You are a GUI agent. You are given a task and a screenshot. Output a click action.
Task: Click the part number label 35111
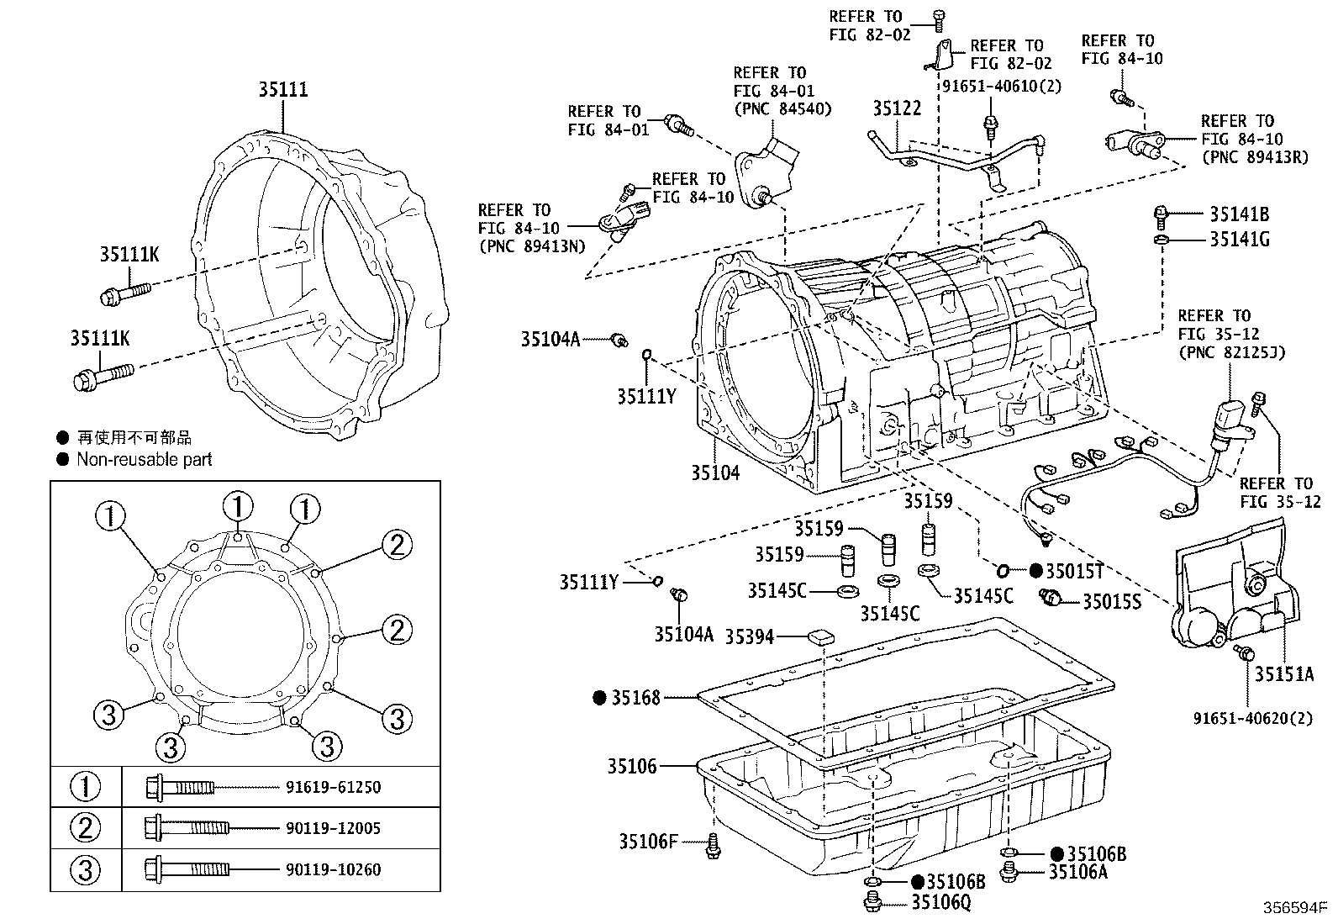(x=282, y=90)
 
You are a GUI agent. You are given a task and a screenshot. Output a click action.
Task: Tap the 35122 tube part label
(x=896, y=108)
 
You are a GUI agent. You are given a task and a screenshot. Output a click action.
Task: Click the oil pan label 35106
(x=632, y=766)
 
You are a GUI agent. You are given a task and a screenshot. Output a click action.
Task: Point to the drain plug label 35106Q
(x=940, y=903)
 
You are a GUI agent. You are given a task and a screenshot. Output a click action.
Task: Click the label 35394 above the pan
(x=749, y=636)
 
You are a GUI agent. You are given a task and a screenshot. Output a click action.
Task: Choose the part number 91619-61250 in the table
(x=333, y=788)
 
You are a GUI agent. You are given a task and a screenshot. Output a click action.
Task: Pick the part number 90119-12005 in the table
(x=333, y=828)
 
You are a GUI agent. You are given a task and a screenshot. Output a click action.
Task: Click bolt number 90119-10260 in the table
(x=333, y=869)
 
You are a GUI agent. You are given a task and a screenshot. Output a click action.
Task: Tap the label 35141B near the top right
(x=1239, y=214)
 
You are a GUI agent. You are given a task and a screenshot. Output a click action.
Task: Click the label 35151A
(x=1283, y=673)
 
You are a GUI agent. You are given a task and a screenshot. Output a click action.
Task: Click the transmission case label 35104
(x=715, y=473)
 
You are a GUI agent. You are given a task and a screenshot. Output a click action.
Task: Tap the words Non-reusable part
(x=144, y=460)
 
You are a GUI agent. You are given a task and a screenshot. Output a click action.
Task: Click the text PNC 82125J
(x=1231, y=352)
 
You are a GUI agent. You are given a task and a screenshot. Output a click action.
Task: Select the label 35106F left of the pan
(x=648, y=841)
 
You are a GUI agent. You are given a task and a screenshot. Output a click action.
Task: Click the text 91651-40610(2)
(x=1001, y=86)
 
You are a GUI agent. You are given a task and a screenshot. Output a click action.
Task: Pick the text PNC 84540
(x=782, y=108)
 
